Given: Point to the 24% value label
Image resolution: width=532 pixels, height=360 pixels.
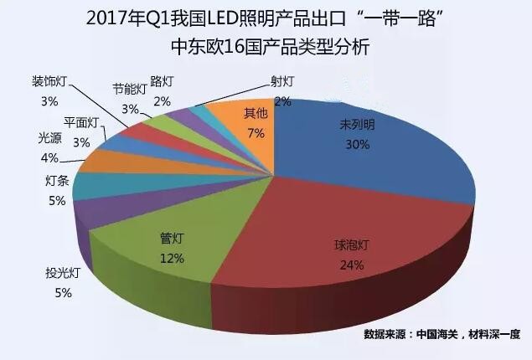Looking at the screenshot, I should click(x=350, y=265).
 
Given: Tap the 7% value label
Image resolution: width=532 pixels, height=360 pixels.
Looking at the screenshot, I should click(x=256, y=132).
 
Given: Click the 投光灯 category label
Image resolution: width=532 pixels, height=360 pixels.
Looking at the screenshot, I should click(x=63, y=273).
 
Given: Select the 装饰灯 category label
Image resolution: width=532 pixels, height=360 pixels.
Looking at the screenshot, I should click(x=49, y=81).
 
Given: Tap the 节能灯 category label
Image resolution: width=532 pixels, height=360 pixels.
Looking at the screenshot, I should click(x=130, y=89).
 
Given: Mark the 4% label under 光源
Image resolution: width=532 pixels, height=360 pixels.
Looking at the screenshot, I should click(x=49, y=157).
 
